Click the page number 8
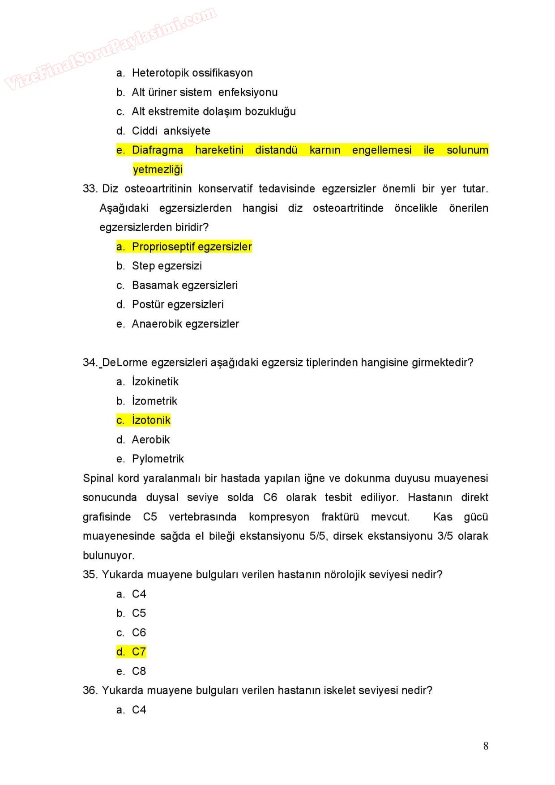pyautogui.click(x=486, y=746)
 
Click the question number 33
pyautogui.click(x=90, y=189)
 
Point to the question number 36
pyautogui.click(x=90, y=691)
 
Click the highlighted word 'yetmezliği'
pyautogui.click(x=158, y=170)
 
